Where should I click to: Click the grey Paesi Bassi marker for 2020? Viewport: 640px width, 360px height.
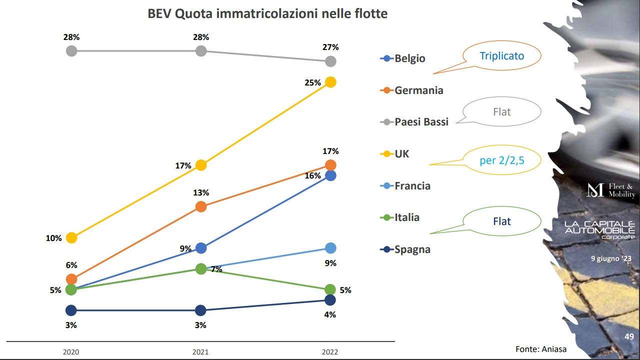coord(71,50)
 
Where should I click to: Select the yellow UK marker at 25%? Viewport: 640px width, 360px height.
coord(330,82)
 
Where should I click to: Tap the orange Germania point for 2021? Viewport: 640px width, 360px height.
coord(200,206)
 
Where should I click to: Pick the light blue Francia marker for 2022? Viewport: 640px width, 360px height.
coord(330,248)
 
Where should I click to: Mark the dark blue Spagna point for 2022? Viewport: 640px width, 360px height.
coord(330,300)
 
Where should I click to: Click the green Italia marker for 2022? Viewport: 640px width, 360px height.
coord(330,289)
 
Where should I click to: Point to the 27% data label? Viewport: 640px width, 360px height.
coord(330,47)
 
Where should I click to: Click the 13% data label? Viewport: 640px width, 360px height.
coord(200,193)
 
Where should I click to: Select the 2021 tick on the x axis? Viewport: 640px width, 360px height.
coord(200,352)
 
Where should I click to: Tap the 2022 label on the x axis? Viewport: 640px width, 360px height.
coord(330,352)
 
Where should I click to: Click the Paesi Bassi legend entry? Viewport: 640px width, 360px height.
coord(414,122)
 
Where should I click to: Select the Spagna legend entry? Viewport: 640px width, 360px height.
coord(405,249)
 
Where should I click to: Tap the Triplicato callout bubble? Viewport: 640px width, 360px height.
coord(501,56)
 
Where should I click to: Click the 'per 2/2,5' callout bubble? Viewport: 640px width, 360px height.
coord(501,160)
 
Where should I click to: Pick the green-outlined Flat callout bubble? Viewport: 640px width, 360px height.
coord(501,221)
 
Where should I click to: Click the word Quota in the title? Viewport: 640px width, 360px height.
coord(194,13)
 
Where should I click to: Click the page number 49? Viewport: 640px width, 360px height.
coord(629,337)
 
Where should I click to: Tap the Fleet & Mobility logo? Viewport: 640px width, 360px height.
coord(611,190)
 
